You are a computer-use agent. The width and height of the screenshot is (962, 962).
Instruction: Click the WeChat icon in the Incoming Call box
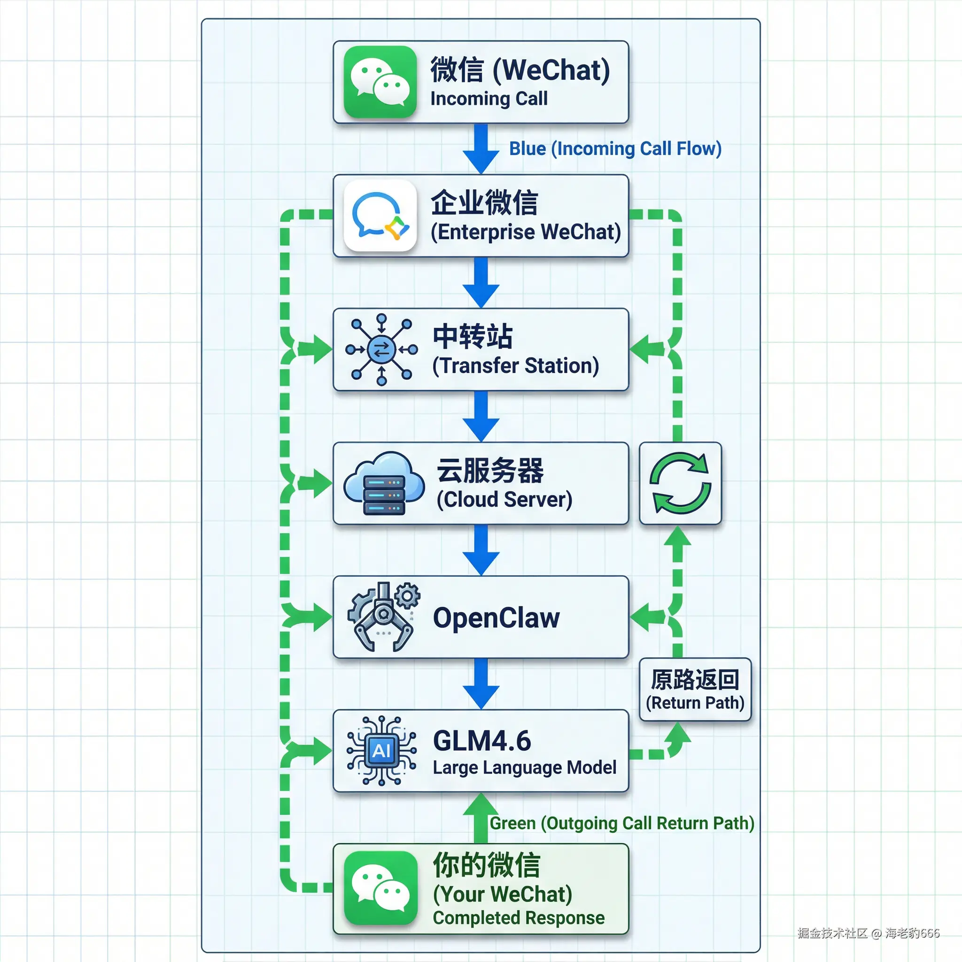pyautogui.click(x=380, y=82)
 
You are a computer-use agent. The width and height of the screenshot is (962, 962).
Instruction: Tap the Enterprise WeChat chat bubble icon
pyautogui.click(x=380, y=216)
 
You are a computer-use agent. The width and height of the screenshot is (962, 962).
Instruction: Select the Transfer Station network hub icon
pyautogui.click(x=381, y=349)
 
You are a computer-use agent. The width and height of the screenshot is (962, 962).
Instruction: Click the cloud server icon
pyautogui.click(x=383, y=483)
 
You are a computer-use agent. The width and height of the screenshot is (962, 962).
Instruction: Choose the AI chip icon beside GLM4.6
pyautogui.click(x=381, y=750)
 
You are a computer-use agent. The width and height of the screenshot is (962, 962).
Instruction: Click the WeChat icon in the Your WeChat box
pyautogui.click(x=380, y=888)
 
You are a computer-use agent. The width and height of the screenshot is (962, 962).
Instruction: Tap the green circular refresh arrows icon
pyautogui.click(x=680, y=483)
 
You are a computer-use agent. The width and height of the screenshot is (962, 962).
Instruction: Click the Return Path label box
pyautogui.click(x=695, y=690)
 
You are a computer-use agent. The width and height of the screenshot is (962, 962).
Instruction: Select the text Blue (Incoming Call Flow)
pyautogui.click(x=615, y=148)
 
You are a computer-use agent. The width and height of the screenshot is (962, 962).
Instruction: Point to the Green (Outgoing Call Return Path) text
pyautogui.click(x=622, y=823)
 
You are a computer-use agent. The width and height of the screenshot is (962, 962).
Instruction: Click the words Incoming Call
pyautogui.click(x=489, y=99)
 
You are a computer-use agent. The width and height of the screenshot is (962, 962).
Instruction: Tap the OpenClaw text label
pyautogui.click(x=497, y=618)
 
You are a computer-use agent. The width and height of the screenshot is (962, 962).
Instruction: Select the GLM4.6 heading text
pyautogui.click(x=482, y=740)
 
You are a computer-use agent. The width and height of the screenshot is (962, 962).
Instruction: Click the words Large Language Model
pyautogui.click(x=524, y=768)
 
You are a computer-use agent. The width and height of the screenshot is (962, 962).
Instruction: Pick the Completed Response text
pyautogui.click(x=519, y=918)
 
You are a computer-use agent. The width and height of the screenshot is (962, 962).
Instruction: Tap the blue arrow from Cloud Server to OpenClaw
pyautogui.click(x=481, y=550)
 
